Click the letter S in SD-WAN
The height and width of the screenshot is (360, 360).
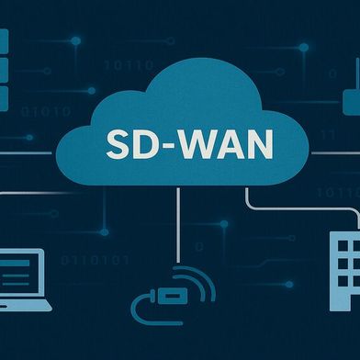click(x=118, y=146)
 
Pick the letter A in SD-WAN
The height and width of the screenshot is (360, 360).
click(x=219, y=146)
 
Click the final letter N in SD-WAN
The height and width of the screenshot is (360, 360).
click(x=247, y=146)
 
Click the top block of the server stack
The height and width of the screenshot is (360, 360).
click(x=3, y=40)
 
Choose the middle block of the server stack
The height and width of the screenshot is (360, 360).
click(x=3, y=69)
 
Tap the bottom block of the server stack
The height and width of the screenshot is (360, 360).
click(x=3, y=96)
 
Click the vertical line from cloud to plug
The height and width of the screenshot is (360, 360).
click(x=180, y=225)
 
